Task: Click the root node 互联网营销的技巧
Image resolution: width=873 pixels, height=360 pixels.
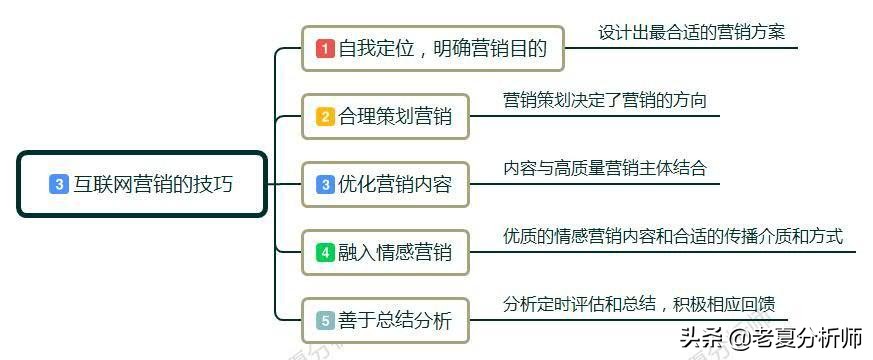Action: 142,184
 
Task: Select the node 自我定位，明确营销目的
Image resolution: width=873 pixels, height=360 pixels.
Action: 433,48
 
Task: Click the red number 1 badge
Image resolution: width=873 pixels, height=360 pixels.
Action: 325,48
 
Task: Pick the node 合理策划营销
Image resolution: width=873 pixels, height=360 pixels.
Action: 385,116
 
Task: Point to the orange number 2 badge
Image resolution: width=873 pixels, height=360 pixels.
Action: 325,116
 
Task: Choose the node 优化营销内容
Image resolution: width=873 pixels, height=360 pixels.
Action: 385,184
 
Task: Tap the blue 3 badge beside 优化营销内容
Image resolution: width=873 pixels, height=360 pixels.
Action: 325,184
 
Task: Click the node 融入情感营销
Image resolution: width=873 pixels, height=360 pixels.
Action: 385,252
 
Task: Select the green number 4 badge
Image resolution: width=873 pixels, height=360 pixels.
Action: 325,252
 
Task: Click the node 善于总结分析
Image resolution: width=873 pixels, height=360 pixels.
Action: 385,321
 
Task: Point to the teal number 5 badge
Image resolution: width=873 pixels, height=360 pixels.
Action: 325,321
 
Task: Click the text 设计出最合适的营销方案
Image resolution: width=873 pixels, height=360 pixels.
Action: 691,32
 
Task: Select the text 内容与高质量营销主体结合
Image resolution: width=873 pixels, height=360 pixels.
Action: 604,168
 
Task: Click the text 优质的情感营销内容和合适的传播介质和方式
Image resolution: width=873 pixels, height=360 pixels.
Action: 672,236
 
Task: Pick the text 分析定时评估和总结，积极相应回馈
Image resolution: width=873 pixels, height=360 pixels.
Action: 640,304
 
